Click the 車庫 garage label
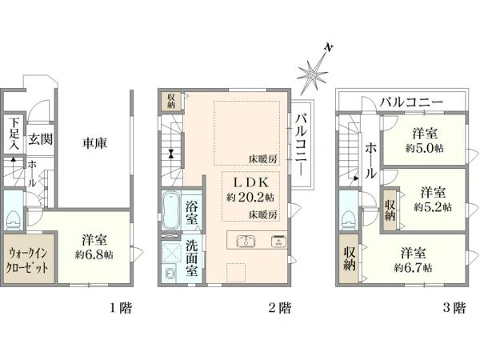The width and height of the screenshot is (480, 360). pos(95,143)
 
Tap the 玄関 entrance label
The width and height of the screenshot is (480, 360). pos(41,139)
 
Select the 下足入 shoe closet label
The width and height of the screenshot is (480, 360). pos(14,134)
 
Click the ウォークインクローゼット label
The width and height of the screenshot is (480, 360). pos(28,261)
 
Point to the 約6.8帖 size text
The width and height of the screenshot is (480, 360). pos(94,254)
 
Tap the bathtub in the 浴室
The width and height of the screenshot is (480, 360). pos(170,210)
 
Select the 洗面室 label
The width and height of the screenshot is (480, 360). pos(192,259)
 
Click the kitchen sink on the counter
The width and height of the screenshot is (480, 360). pos(246,241)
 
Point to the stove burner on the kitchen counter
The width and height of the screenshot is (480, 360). pos(278,241)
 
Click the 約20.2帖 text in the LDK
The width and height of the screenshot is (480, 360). pos(250,198)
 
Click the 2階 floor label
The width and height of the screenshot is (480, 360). pos(280,308)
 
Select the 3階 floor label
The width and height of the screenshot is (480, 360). pos(454,308)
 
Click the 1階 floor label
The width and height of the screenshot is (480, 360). pos(122,308)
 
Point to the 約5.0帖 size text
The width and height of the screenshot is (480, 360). pos(425,148)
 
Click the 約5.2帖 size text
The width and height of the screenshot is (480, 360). pos(433,207)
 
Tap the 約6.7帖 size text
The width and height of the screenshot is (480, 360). pos(414,268)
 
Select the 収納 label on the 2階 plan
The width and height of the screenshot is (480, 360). pos(171,101)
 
